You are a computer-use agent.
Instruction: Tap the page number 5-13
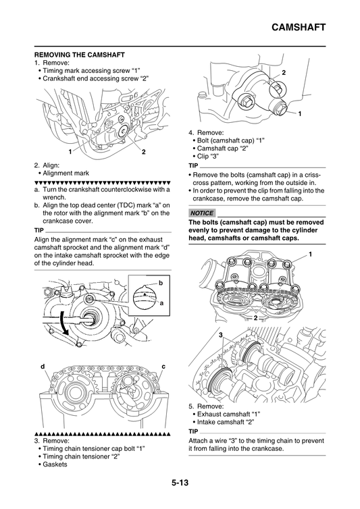click(x=180, y=483)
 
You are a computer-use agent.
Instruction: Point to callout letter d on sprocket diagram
click(x=43, y=366)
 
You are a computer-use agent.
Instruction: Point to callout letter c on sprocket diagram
click(x=163, y=366)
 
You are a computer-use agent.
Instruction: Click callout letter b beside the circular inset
click(x=161, y=282)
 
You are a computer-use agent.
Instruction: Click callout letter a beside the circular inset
click(x=161, y=304)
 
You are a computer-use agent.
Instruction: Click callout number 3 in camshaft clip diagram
click(x=220, y=336)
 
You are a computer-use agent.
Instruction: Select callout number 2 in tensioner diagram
click(x=284, y=72)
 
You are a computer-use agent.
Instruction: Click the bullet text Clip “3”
click(x=216, y=156)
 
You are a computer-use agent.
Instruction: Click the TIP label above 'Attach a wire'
click(x=193, y=431)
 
